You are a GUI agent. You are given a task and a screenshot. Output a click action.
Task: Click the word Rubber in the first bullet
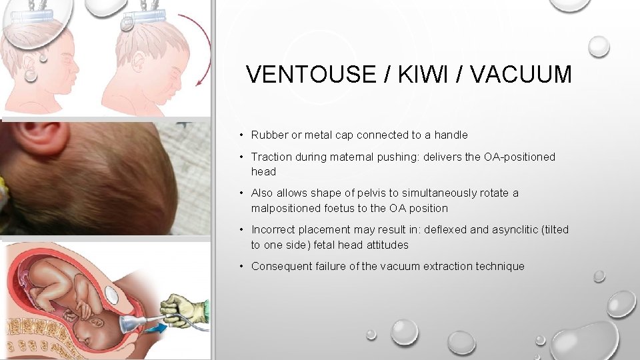coord(268,135)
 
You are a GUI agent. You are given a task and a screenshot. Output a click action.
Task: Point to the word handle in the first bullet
coord(451,135)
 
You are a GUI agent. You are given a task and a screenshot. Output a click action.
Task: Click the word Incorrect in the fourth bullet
coord(273,230)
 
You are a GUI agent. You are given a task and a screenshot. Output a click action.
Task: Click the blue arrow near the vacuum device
coord(154,329)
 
